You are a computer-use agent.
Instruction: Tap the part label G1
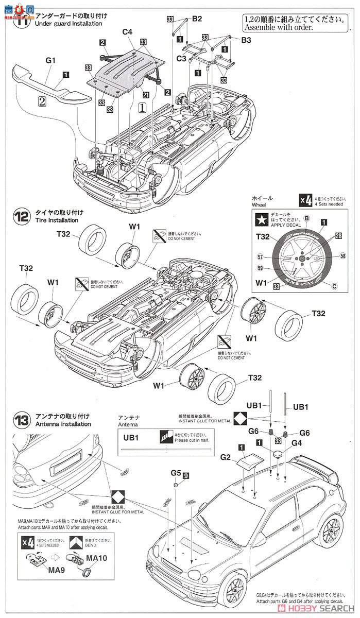coord(50,60)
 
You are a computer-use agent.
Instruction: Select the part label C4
coord(127,32)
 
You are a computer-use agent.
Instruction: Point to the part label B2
coord(197,19)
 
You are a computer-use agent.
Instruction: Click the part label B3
coord(246,40)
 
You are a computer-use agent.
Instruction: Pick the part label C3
coord(181,59)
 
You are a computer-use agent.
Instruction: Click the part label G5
coord(176,472)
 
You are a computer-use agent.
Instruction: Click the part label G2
coord(226,456)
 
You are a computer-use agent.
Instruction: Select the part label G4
coord(297,442)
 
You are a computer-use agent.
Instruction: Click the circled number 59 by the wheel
coord(260,267)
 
